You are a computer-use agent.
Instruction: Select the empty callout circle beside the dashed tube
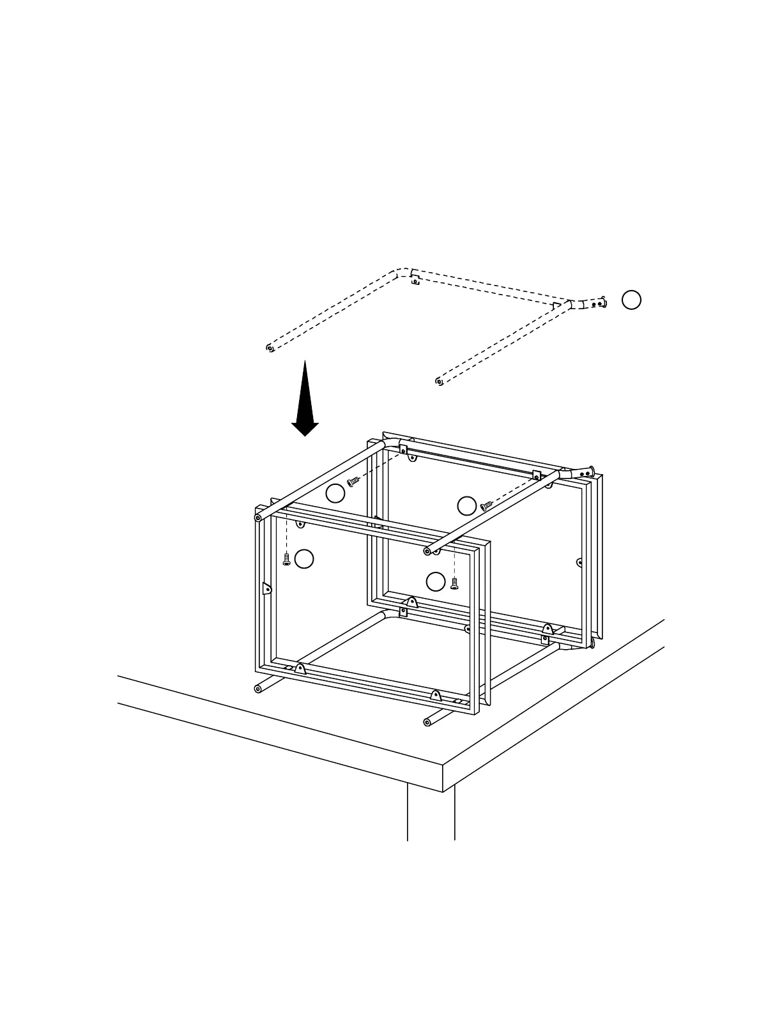631,300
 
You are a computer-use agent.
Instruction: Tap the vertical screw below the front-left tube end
287,560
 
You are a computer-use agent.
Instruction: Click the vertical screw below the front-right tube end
454,583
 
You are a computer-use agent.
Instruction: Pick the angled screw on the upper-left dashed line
353,480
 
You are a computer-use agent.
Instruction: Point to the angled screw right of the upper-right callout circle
487,505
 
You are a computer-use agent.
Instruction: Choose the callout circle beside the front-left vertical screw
305,558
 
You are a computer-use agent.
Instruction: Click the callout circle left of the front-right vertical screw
436,581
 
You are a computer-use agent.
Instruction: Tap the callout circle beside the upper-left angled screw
335,493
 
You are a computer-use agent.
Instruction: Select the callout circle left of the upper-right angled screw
467,505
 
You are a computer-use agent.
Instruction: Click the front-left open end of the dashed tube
270,348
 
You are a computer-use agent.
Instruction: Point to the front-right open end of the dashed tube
439,381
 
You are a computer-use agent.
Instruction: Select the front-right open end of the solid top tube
427,550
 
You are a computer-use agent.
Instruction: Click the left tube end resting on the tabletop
259,688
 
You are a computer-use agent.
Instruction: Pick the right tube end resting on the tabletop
427,722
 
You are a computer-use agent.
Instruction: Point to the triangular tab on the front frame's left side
266,587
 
